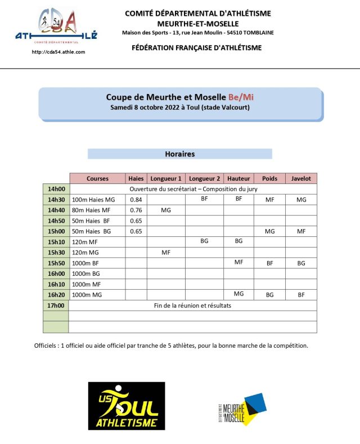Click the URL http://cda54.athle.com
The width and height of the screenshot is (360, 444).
click(x=58, y=52)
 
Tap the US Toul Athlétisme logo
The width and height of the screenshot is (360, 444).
click(x=127, y=406)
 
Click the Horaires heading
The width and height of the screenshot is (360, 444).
click(x=179, y=154)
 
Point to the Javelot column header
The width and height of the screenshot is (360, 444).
click(x=301, y=178)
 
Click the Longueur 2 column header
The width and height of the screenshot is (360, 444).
click(x=204, y=178)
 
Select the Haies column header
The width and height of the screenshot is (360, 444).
click(x=136, y=178)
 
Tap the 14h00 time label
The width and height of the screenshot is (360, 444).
click(x=56, y=189)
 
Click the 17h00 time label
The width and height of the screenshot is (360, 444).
click(x=56, y=306)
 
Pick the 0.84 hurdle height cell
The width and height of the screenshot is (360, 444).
click(x=136, y=200)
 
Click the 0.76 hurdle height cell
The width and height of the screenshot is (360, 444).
click(x=136, y=210)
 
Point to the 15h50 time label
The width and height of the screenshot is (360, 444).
click(x=56, y=263)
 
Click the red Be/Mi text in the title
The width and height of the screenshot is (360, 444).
click(x=241, y=97)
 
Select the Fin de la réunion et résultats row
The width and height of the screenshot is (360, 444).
click(x=192, y=306)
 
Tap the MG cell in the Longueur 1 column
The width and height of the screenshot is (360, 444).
click(x=166, y=210)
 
